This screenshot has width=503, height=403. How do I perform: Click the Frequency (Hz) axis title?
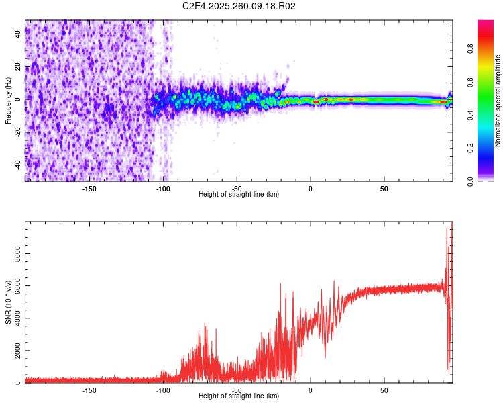click(x=8, y=101)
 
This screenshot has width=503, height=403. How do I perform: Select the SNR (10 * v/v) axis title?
click(x=8, y=302)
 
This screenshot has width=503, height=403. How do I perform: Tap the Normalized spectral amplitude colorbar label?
click(x=498, y=101)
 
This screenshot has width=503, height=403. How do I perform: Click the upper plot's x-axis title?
click(x=239, y=195)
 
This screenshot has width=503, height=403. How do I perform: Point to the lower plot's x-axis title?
click(x=239, y=396)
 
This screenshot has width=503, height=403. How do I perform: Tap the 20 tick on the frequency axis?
click(x=18, y=67)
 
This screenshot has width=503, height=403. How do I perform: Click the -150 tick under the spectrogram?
click(x=89, y=187)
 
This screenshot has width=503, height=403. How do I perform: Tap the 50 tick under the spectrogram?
click(x=384, y=187)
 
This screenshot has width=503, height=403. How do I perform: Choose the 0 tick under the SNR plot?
click(x=310, y=390)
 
